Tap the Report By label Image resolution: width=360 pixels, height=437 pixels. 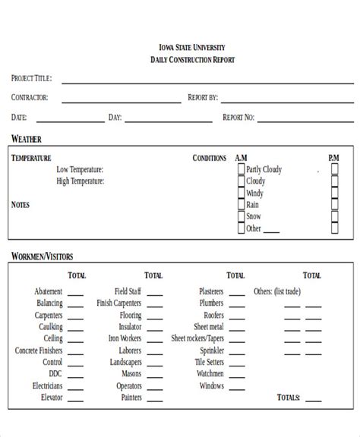coord(203,98)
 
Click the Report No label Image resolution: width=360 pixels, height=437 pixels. coord(238,118)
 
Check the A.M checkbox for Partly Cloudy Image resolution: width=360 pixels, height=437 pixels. coord(241,170)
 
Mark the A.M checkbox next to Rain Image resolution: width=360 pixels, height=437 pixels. coord(241,205)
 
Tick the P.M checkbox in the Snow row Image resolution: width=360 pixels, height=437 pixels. coord(335,216)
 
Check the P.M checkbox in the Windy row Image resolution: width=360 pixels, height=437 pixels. coord(335,193)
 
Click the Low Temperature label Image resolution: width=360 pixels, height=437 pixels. coord(80,170)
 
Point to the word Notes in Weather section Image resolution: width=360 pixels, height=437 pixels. coord(21,205)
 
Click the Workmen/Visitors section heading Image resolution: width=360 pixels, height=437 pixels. coord(42,256)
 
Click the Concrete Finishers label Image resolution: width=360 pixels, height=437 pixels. coord(39,351)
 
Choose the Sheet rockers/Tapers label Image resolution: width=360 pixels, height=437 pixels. coord(197,339)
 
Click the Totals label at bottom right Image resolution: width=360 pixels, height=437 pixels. coord(289,398)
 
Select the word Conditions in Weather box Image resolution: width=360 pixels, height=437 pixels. coord(210,159)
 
